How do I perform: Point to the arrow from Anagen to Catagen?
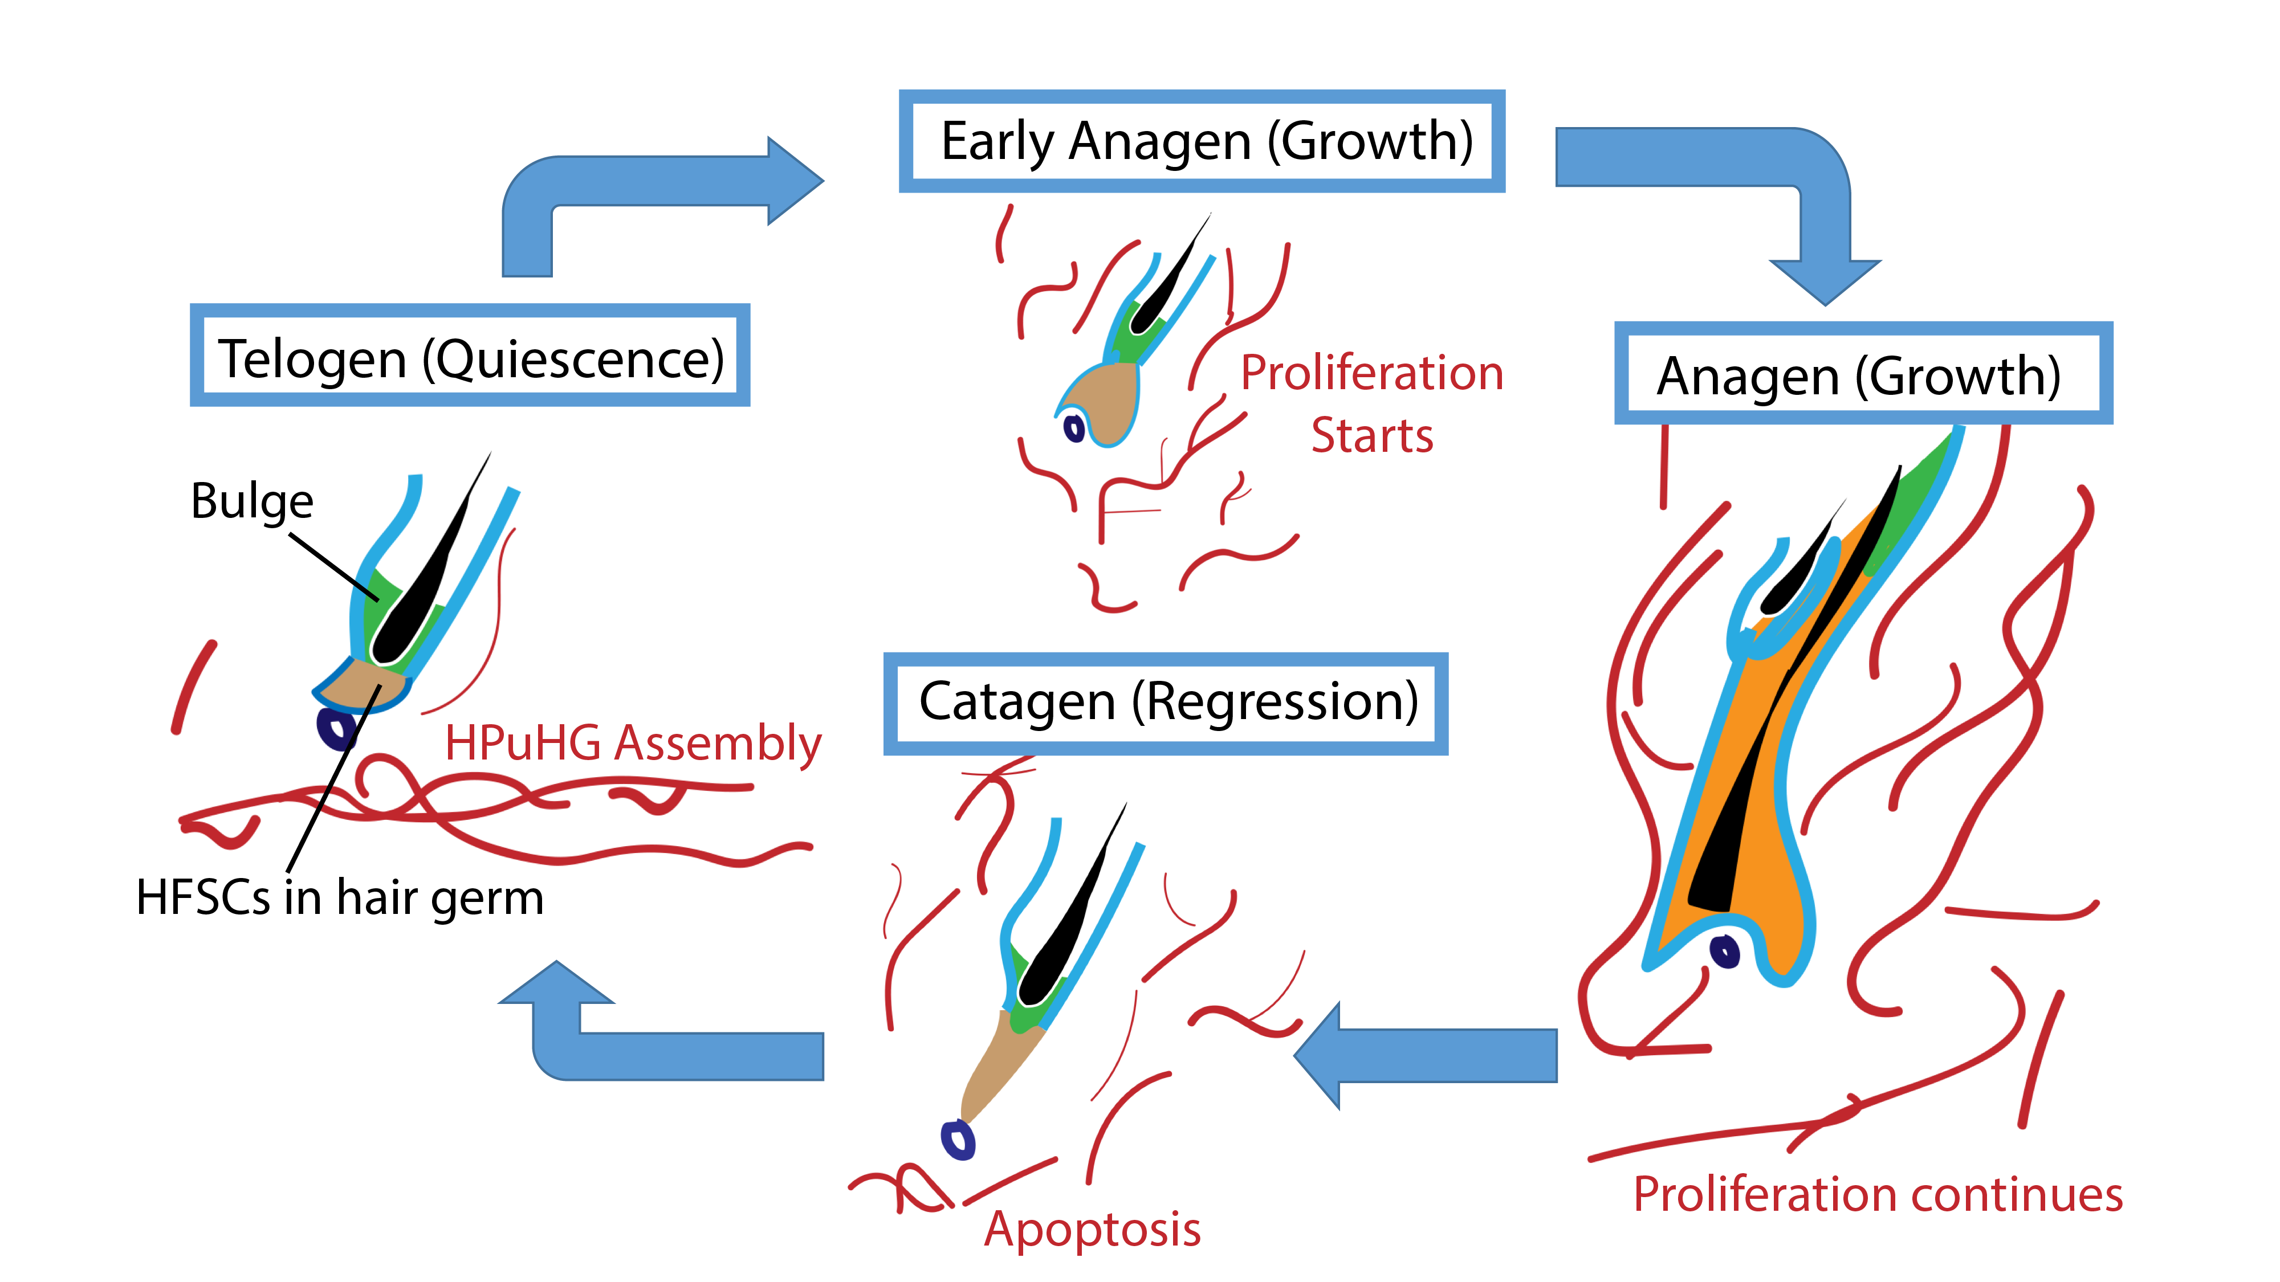1434,1055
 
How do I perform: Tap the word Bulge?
253,501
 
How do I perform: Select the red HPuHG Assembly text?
632,742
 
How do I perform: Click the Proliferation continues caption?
1877,1194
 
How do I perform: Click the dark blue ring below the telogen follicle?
336,729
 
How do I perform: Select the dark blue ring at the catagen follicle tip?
958,1140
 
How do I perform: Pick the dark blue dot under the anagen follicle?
1725,952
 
